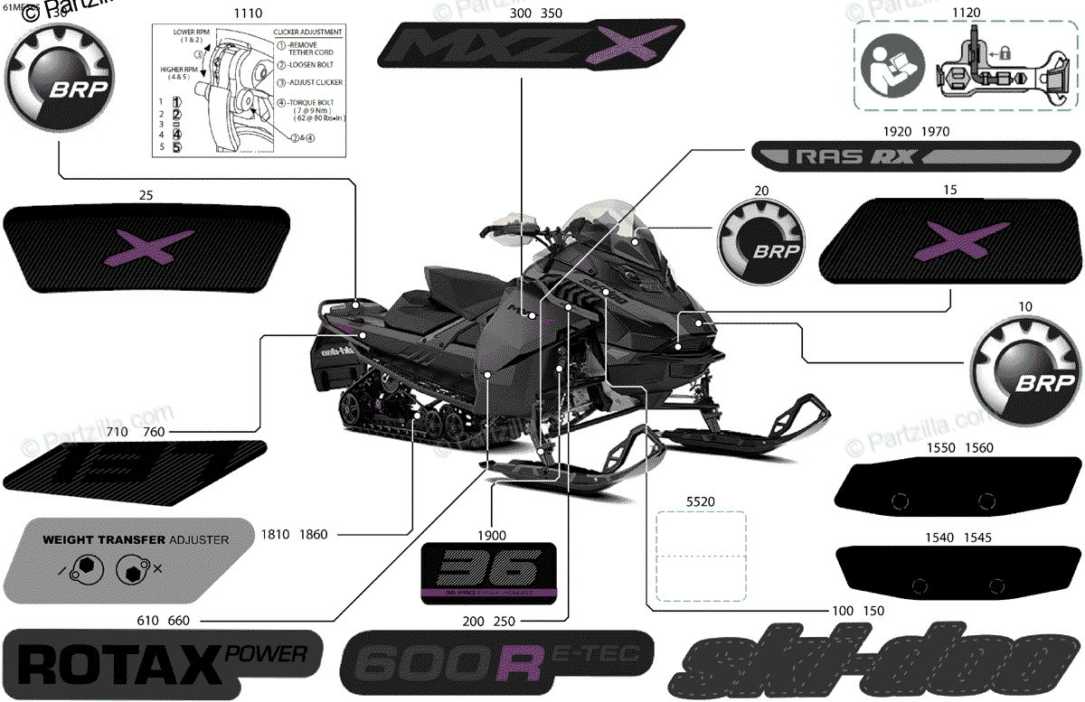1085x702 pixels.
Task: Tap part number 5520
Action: coord(700,500)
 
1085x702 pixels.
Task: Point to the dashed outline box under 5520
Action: coord(700,556)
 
